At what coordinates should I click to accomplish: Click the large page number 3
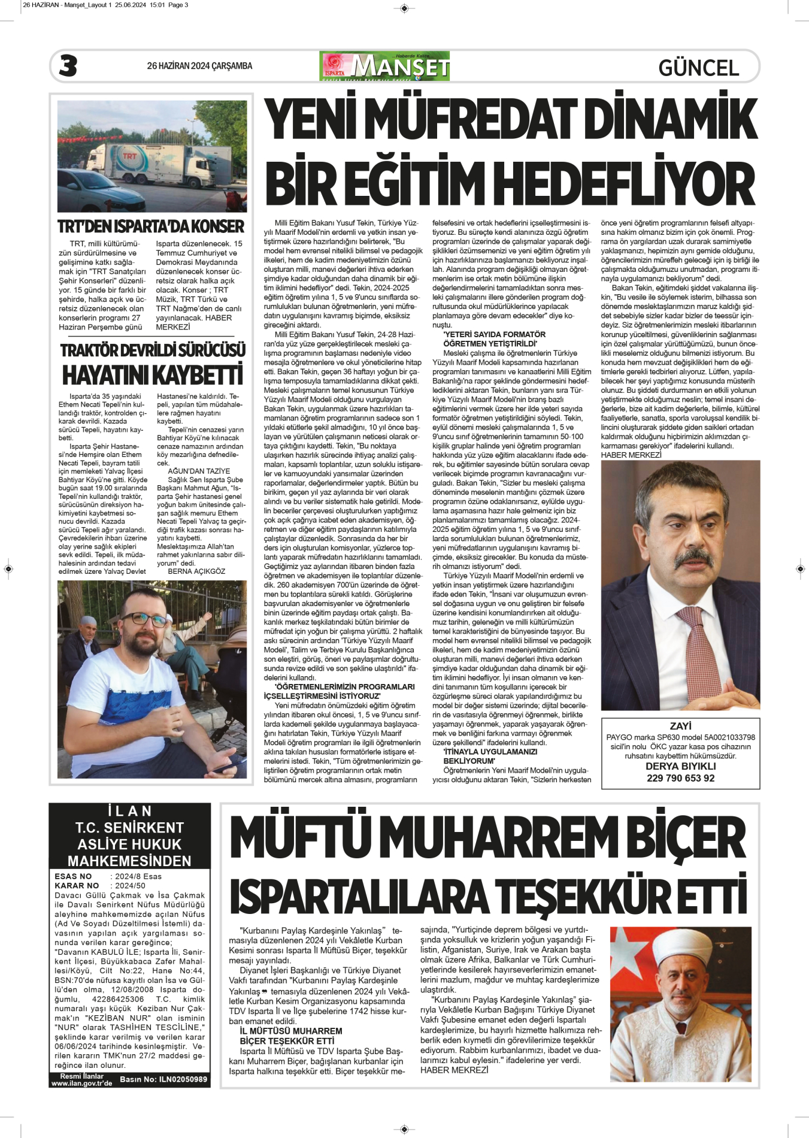point(68,66)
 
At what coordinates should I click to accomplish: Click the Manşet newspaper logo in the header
point(385,66)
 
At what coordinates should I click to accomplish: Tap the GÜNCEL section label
point(698,68)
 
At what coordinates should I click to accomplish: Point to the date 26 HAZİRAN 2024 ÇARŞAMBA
point(199,66)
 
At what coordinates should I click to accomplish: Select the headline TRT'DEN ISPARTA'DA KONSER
point(151,226)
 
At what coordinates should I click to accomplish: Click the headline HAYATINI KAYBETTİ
point(152,375)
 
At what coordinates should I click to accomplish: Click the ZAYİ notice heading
point(680,726)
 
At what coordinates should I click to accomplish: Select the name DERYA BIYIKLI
point(680,766)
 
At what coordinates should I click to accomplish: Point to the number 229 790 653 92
point(680,778)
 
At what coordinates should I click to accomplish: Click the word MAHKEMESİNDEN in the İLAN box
point(129,861)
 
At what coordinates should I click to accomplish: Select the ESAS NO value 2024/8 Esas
point(138,876)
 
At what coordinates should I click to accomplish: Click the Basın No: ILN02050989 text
point(163,1079)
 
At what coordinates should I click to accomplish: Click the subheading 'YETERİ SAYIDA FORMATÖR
point(494,334)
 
